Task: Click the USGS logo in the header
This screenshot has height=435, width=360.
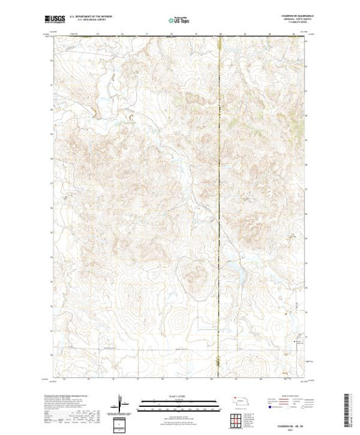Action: pos(54,20)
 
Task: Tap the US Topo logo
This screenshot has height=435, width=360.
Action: pos(179,21)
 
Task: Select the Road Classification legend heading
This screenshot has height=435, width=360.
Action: pos(290,394)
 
